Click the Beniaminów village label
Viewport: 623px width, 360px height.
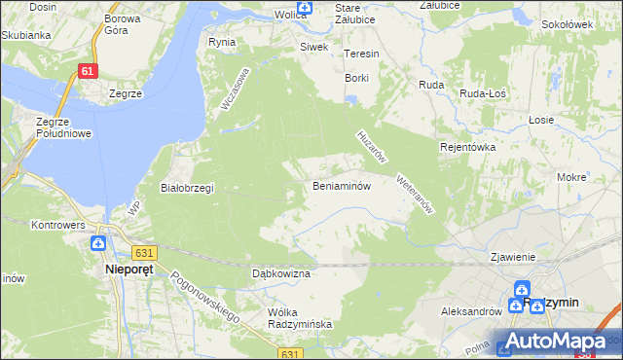click(342, 186)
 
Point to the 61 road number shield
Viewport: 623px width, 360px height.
click(89, 71)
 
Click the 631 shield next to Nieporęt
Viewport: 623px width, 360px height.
click(143, 252)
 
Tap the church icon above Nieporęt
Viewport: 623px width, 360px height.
click(98, 243)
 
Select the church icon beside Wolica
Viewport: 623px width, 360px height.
click(305, 9)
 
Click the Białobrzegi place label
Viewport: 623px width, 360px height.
click(187, 188)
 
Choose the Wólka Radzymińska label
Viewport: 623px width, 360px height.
click(300, 318)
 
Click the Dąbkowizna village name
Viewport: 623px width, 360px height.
click(280, 274)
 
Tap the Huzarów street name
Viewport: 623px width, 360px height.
click(373, 147)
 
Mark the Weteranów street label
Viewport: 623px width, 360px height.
click(414, 196)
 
